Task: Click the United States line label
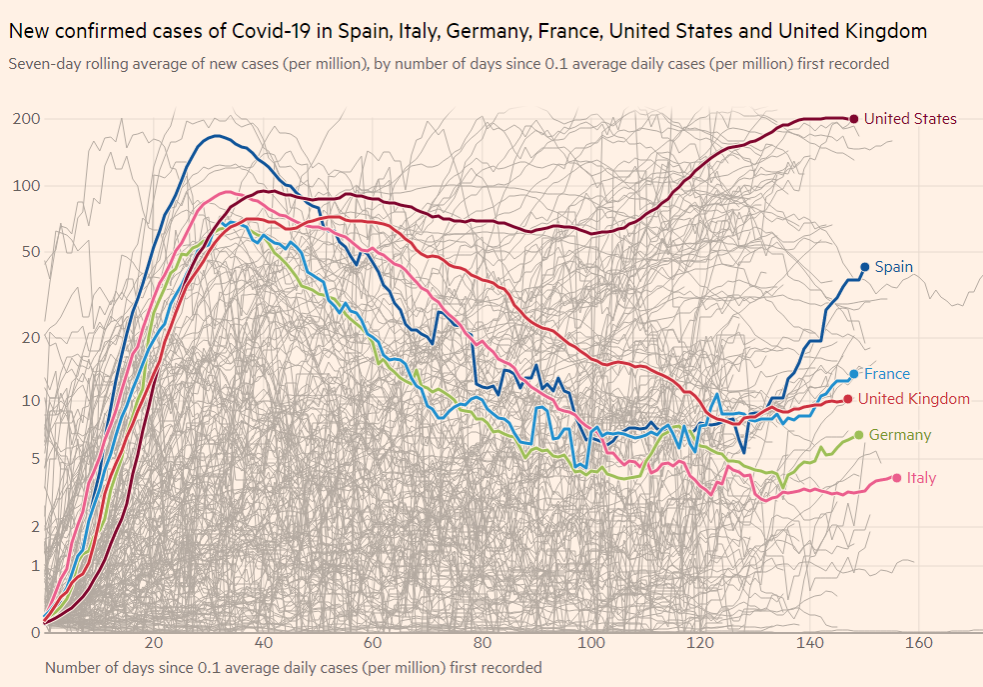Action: point(910,119)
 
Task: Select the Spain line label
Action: point(893,267)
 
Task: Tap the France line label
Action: point(887,374)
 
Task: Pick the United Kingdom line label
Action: point(914,399)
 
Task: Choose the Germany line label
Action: point(899,435)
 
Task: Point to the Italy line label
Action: point(921,478)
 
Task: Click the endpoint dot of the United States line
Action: point(853,119)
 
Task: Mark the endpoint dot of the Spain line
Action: point(864,267)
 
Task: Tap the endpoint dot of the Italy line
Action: point(896,478)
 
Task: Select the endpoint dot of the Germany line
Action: point(859,435)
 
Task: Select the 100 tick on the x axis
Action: point(592,642)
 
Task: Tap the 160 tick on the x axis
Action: point(919,642)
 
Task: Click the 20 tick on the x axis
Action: point(154,642)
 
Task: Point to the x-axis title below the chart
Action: point(294,667)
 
